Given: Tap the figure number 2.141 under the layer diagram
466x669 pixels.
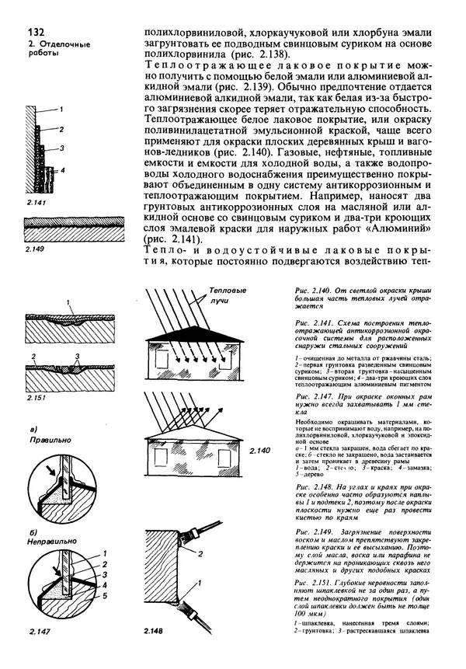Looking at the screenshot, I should pos(38,203).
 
